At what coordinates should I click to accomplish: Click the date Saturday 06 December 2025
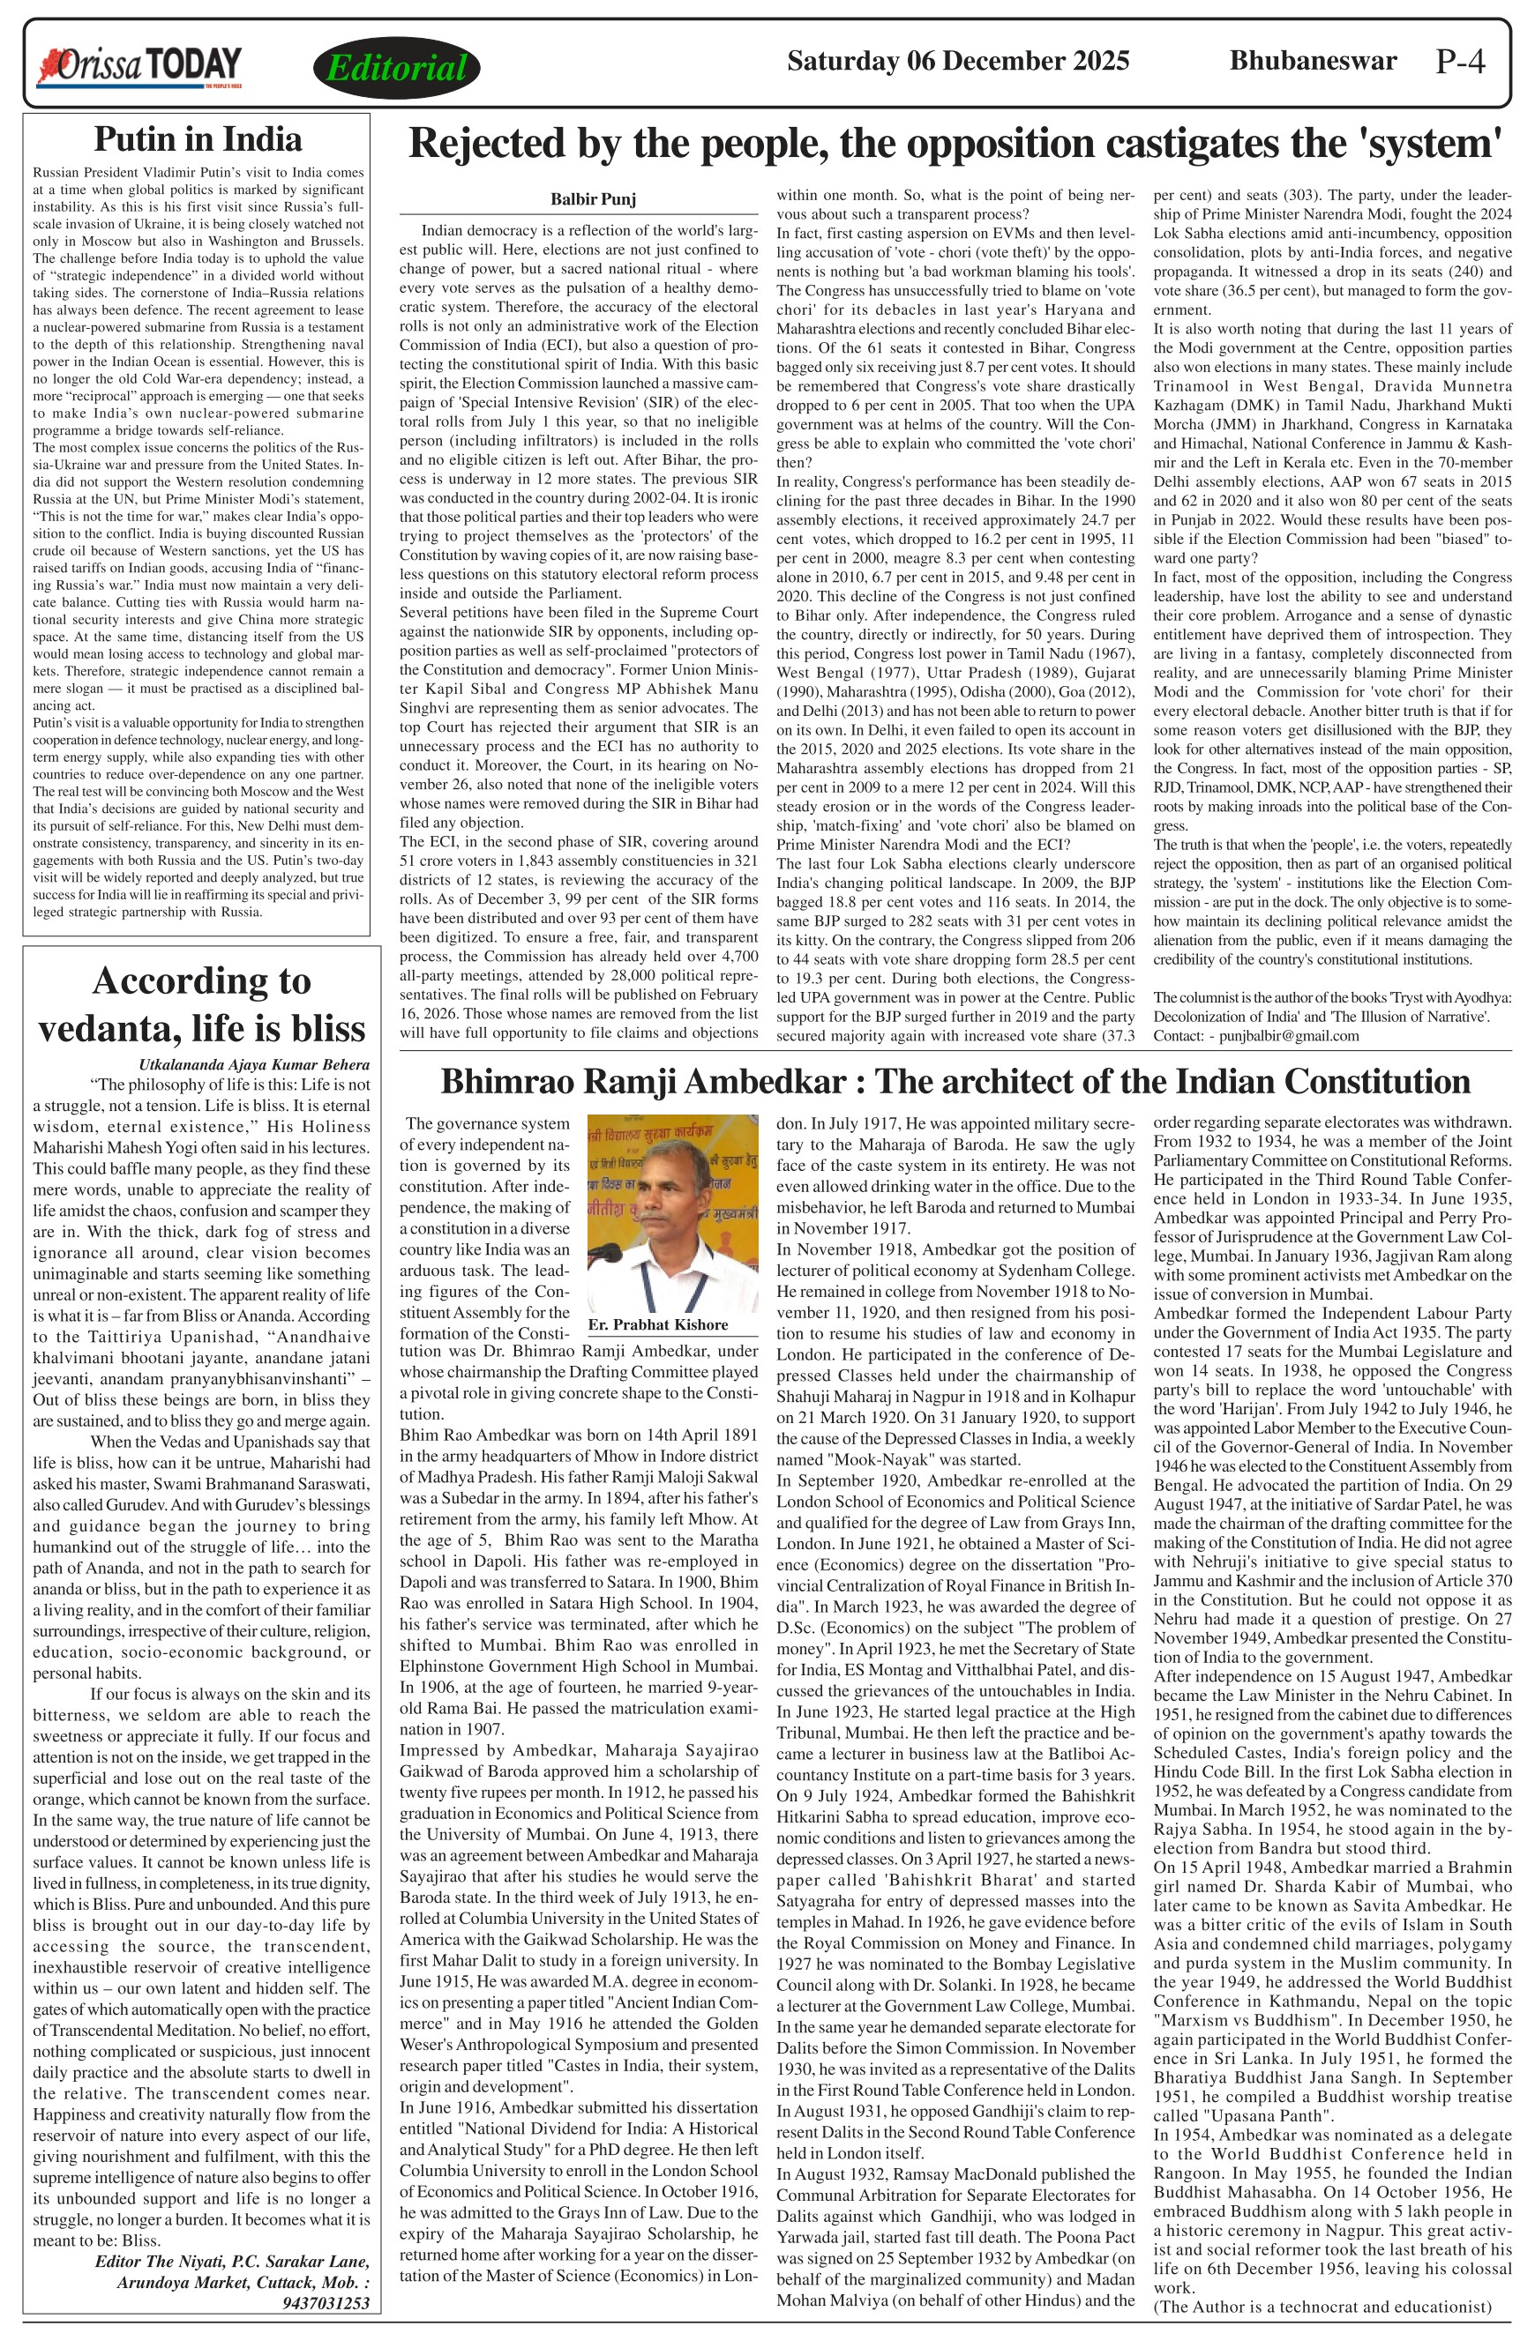point(957,61)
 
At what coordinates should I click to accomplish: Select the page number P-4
point(1459,62)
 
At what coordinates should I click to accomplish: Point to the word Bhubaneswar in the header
point(1313,61)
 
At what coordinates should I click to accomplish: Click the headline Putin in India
point(197,138)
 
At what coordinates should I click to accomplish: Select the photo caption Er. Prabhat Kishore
point(657,1324)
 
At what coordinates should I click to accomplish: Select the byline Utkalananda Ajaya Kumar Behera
point(254,1064)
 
